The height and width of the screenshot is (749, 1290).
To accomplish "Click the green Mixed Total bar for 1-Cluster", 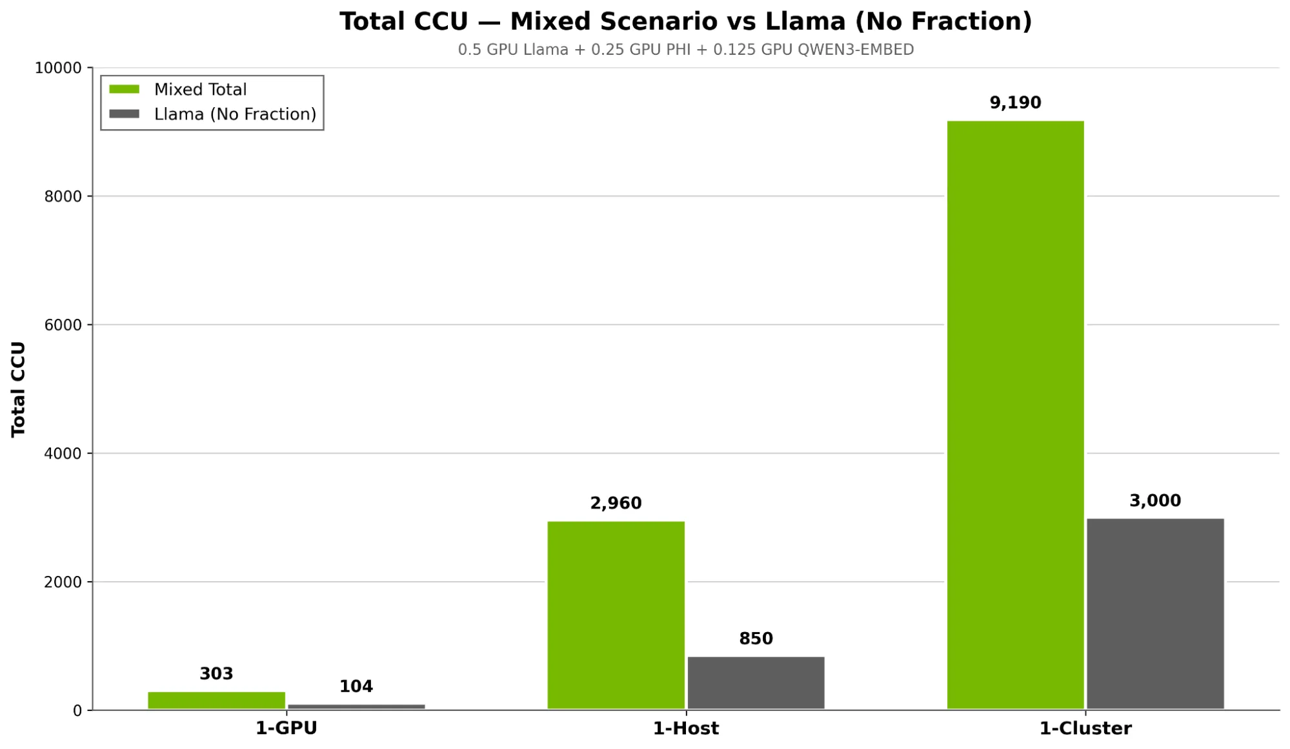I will (x=1015, y=415).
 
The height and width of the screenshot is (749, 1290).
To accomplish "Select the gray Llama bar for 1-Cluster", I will (x=1155, y=613).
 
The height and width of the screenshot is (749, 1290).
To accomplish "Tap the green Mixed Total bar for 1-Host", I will (x=616, y=615).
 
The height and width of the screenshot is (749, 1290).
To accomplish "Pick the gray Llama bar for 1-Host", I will (x=756, y=682).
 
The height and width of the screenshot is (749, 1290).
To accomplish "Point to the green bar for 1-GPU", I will (x=216, y=701).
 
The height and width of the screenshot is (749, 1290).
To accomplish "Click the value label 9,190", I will (x=1015, y=103).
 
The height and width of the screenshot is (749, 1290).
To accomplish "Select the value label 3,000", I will (x=1154, y=500).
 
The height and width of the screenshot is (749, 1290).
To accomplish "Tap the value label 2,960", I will (x=616, y=503).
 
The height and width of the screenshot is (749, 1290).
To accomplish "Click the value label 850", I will (x=756, y=639).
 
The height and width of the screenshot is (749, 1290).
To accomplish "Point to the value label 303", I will (x=216, y=673).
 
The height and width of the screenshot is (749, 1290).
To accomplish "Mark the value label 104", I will (x=356, y=686).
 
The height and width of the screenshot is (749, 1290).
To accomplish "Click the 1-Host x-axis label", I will (x=685, y=728).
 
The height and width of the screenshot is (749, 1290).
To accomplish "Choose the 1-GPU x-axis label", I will (x=286, y=728).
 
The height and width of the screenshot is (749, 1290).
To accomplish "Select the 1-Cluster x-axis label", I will (x=1085, y=728).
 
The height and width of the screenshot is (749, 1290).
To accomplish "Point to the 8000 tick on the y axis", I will (x=63, y=196).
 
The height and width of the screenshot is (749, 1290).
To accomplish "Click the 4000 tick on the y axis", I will (x=63, y=453).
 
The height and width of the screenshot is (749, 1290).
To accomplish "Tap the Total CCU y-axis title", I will (x=18, y=389).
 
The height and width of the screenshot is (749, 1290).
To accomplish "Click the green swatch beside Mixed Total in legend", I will (x=124, y=89).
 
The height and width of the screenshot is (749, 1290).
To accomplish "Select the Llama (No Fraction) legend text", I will (x=235, y=114).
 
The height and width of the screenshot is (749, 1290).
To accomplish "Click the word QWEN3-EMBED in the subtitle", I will (x=855, y=50).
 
